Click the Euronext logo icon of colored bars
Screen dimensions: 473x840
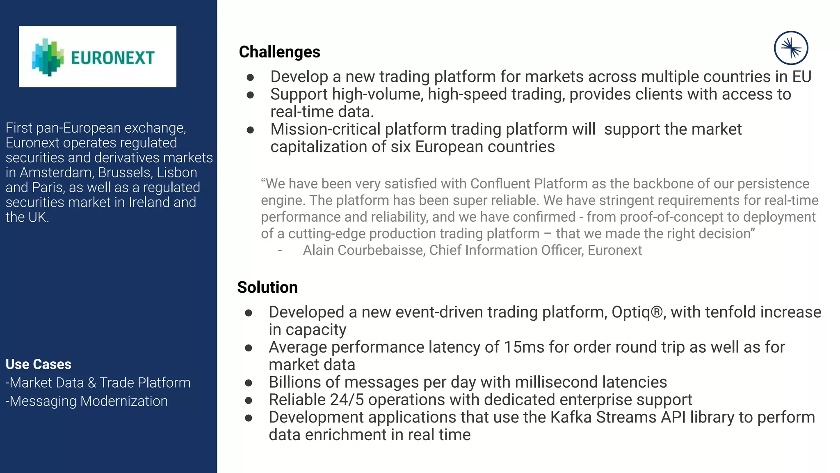(x=48, y=57)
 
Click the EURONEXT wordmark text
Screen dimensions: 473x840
(x=113, y=58)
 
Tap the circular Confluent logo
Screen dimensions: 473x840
(x=791, y=48)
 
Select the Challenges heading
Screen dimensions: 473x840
(x=279, y=52)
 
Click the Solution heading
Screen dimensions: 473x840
(x=267, y=287)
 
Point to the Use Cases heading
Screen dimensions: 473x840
(x=39, y=364)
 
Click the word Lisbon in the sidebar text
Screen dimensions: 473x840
(x=177, y=172)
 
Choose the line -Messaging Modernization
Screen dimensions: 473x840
(x=87, y=401)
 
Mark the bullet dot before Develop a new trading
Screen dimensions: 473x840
(x=250, y=77)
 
